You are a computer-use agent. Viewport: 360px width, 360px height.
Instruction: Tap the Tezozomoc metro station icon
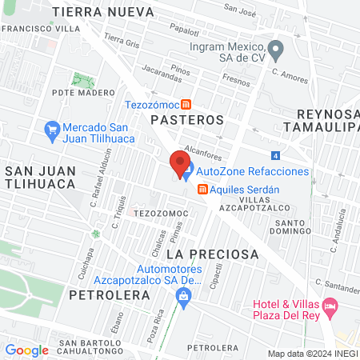tap(186, 104)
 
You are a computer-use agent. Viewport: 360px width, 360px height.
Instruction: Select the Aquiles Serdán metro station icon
tap(203, 189)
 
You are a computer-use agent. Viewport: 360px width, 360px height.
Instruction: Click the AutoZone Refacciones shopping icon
tap(186, 171)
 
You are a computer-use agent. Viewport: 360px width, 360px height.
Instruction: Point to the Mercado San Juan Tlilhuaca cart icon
tap(53, 128)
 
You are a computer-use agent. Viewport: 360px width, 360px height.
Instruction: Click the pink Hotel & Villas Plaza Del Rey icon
tap(330, 305)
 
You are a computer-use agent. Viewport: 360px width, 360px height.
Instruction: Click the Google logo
tap(26, 350)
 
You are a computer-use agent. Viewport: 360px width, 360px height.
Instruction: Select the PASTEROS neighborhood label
tap(187, 119)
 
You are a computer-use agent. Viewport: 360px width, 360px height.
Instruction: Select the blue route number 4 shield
tap(276, 155)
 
